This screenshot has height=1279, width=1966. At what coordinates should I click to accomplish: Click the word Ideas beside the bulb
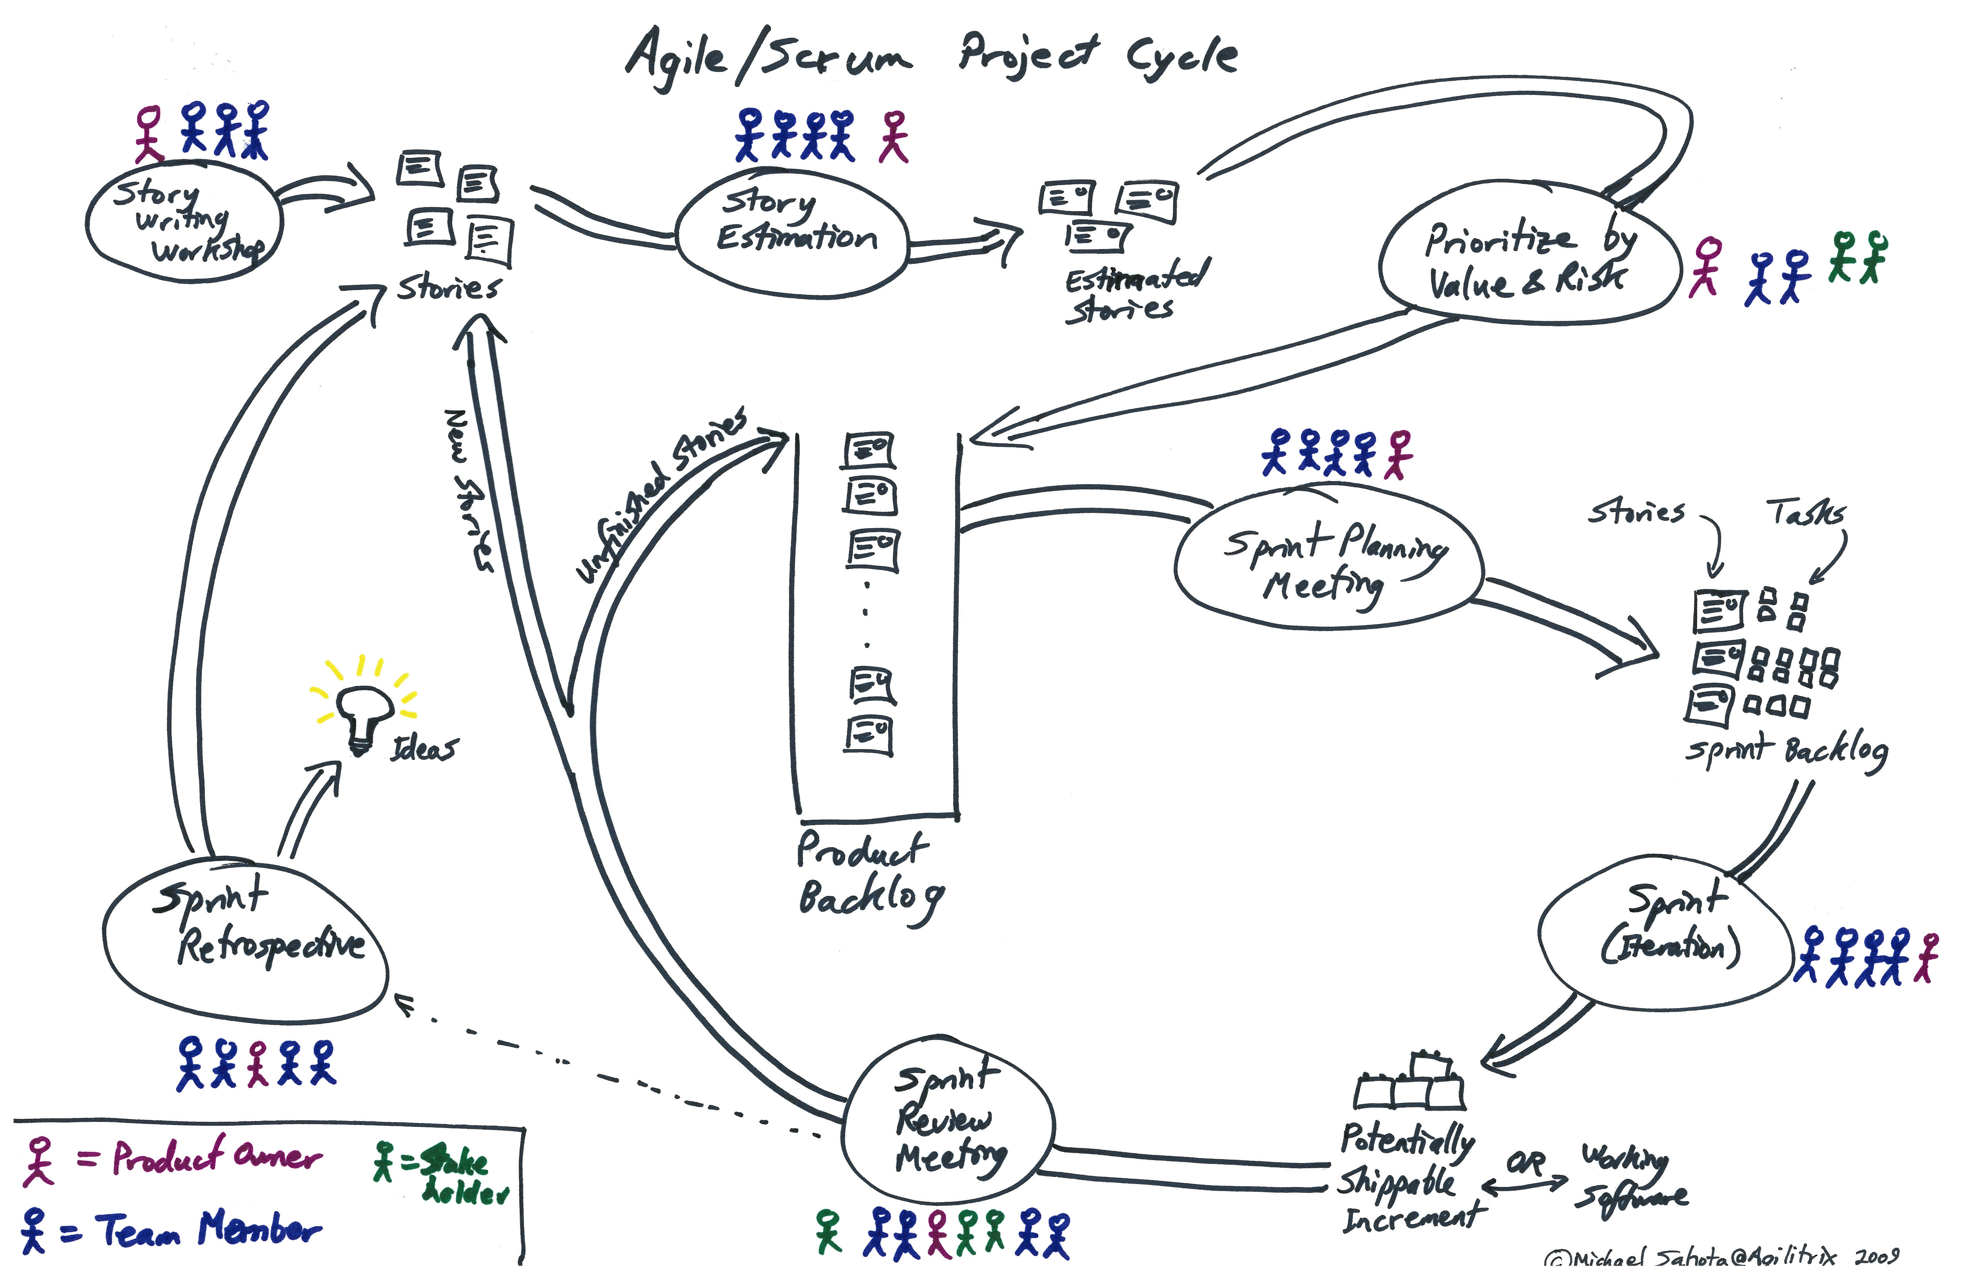click(424, 748)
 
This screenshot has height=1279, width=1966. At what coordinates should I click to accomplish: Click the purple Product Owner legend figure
click(38, 1160)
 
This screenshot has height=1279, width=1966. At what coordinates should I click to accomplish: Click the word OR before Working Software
click(1525, 1163)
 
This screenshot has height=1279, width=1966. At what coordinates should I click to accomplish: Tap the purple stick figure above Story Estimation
click(894, 137)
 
